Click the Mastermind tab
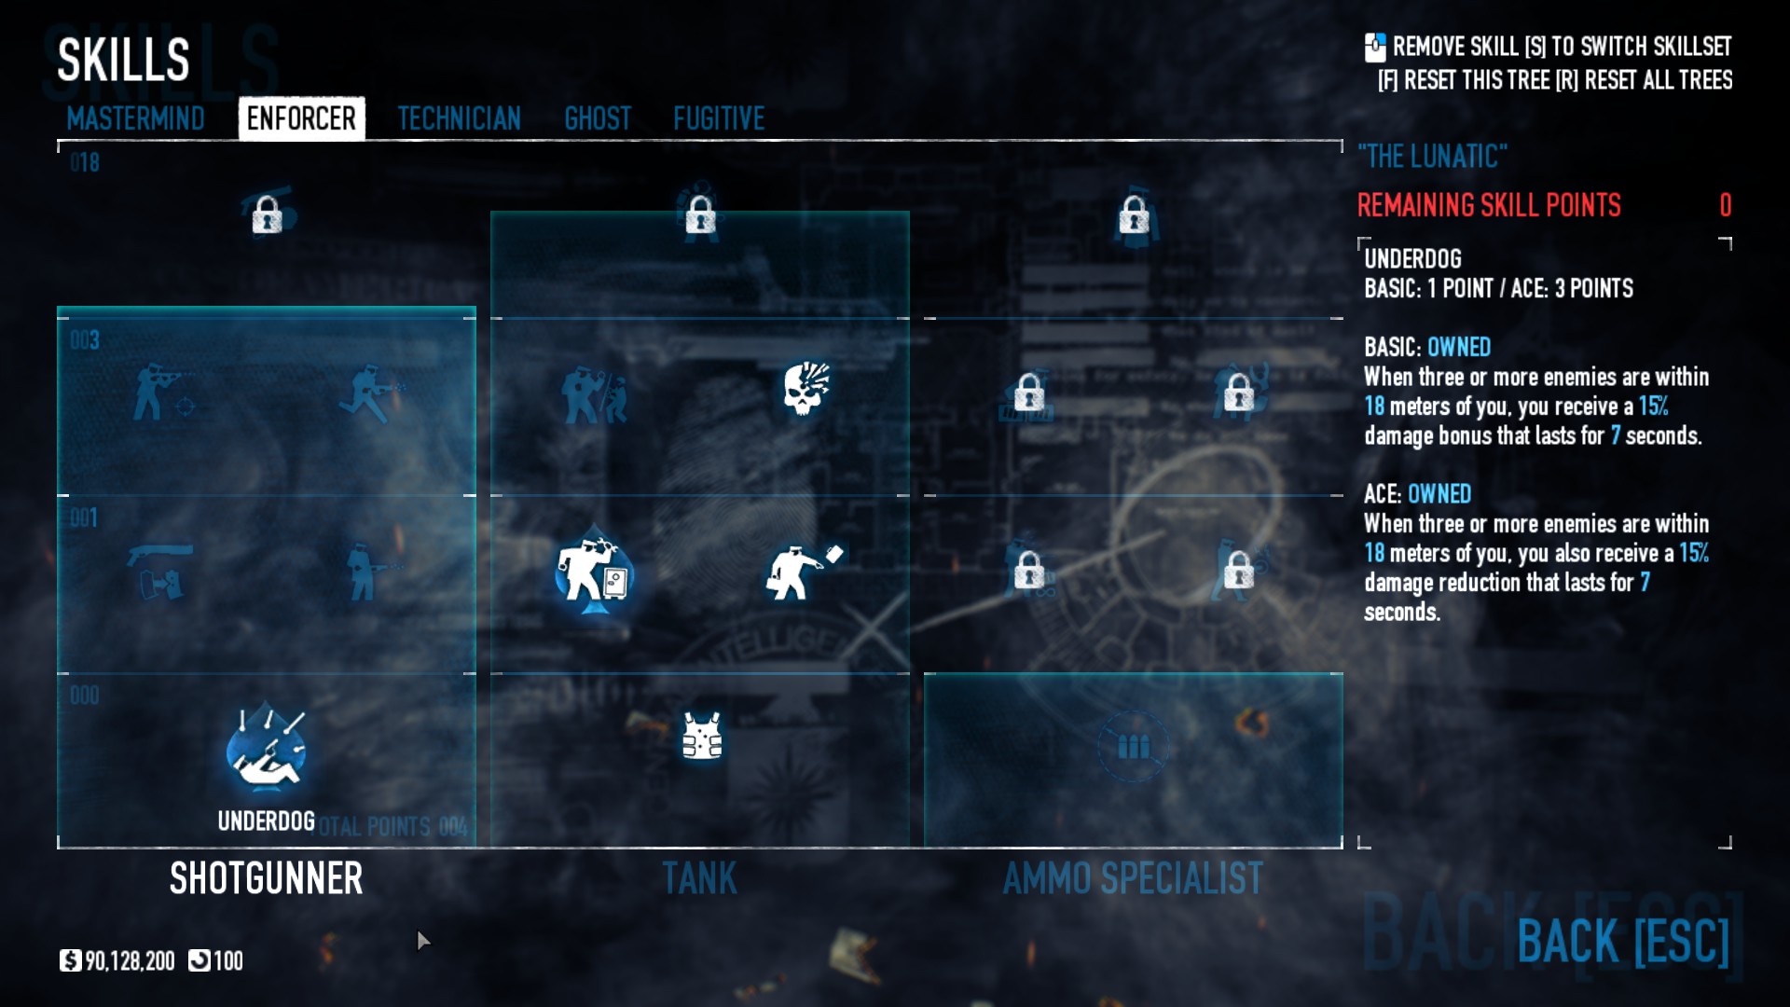click(x=135, y=118)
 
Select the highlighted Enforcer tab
click(x=301, y=118)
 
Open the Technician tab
click(x=459, y=118)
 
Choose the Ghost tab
click(x=598, y=118)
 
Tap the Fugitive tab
click(x=719, y=118)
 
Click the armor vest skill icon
click(x=701, y=737)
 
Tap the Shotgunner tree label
click(x=266, y=878)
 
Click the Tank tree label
click(x=699, y=878)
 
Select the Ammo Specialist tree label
click(x=1133, y=878)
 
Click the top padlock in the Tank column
click(x=700, y=216)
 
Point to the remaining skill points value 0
click(x=1725, y=205)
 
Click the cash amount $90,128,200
click(x=129, y=960)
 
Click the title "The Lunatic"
click(x=1432, y=156)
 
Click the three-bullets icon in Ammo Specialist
click(x=1133, y=747)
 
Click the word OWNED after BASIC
click(x=1459, y=347)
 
